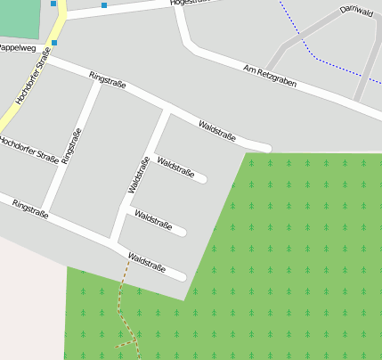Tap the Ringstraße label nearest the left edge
click(x=31, y=209)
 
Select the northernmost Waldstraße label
click(x=217, y=131)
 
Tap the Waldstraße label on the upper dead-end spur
click(x=175, y=167)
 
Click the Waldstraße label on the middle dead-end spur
click(x=153, y=219)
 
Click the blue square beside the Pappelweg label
click(x=54, y=43)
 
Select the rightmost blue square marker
click(x=104, y=5)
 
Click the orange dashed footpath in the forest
click(x=122, y=303)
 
